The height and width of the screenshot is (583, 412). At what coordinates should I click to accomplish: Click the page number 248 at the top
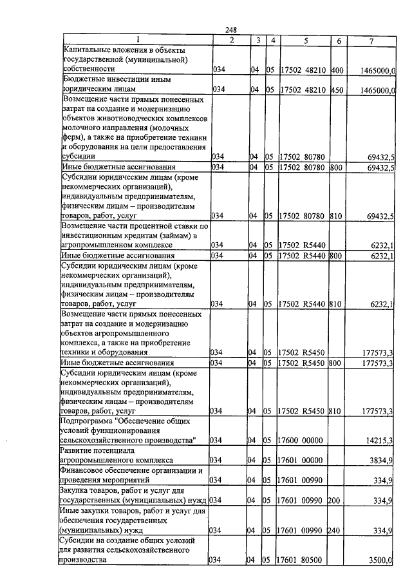click(232, 30)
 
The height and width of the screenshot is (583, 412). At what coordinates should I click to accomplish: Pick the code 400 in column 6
click(338, 68)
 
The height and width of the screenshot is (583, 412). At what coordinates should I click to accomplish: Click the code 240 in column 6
click(338, 531)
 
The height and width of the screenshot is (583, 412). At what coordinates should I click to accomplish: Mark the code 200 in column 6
click(338, 501)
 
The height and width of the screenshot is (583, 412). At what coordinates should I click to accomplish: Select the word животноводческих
click(152, 119)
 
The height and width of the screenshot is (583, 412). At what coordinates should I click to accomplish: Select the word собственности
click(89, 68)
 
